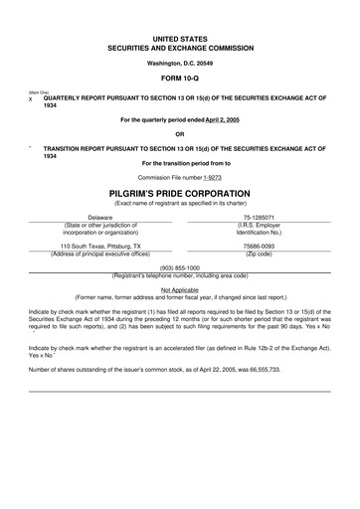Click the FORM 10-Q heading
(x=179, y=77)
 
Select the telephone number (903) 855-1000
(x=179, y=267)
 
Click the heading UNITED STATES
(x=179, y=37)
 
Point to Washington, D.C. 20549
(x=179, y=62)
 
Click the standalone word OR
(x=179, y=133)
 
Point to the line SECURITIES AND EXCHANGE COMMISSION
(x=179, y=47)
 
